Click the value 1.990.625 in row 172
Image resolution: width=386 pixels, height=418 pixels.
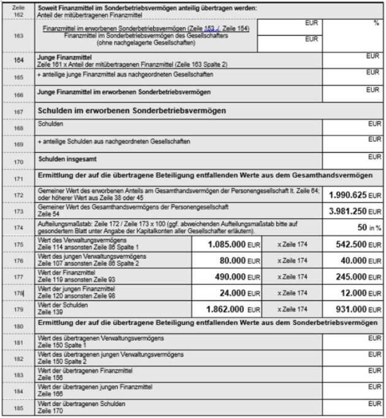click(347, 195)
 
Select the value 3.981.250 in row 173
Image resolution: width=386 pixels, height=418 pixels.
click(347, 211)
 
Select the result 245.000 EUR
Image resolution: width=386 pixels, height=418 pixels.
click(347, 277)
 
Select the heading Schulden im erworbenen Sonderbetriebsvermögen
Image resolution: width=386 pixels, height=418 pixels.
click(124, 111)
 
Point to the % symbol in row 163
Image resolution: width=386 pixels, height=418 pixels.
click(376, 23)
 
